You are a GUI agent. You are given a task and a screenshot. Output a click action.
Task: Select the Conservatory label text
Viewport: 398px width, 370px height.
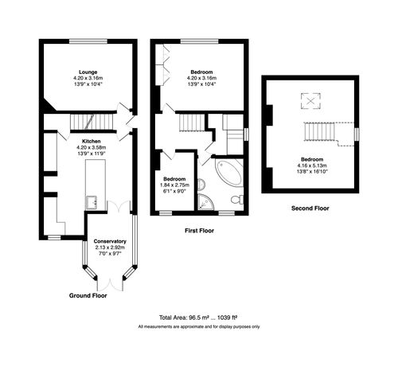(x=110, y=241)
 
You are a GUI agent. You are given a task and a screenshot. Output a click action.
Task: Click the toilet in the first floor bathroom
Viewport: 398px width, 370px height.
(x=236, y=197)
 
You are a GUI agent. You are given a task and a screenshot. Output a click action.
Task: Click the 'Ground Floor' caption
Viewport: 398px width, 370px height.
(x=88, y=295)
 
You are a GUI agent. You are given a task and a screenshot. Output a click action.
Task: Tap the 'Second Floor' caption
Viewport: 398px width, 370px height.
(x=310, y=208)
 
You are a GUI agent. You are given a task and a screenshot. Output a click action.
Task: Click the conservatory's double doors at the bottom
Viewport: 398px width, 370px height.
(x=110, y=282)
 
